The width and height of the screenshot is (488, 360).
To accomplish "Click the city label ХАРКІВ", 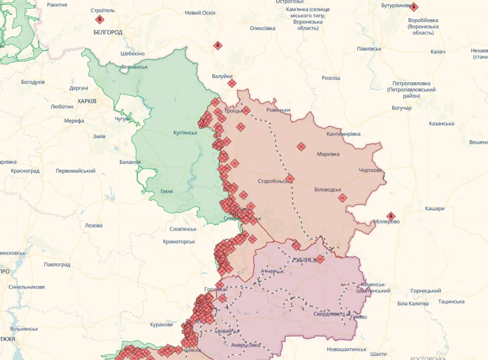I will coord(87,101).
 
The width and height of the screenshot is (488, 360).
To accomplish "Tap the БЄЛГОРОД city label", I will coord(108,32).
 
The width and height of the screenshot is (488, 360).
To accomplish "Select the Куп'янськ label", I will coord(185,133).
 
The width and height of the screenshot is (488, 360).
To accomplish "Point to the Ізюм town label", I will coord(166,191).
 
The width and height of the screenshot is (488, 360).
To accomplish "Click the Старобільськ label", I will coord(273,181).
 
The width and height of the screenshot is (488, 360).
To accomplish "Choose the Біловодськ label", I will coord(328,189).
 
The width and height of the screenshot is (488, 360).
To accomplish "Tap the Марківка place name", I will coord(328,154).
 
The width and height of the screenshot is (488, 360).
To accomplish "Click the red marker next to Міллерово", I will coord(391,216).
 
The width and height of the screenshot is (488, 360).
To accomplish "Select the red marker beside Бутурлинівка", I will coord(414,7).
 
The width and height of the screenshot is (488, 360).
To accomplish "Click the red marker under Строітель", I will coord(99,19).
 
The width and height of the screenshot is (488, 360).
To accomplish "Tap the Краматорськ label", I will coord(179,242).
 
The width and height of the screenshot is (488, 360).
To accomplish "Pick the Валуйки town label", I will coord(222,76).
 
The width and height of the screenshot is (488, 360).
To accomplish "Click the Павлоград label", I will coord(57,264).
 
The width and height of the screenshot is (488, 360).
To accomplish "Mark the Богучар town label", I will coord(401,108).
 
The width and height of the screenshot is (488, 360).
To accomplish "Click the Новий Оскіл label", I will coord(199,13).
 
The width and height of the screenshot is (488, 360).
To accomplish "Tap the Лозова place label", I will coord(94,225).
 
